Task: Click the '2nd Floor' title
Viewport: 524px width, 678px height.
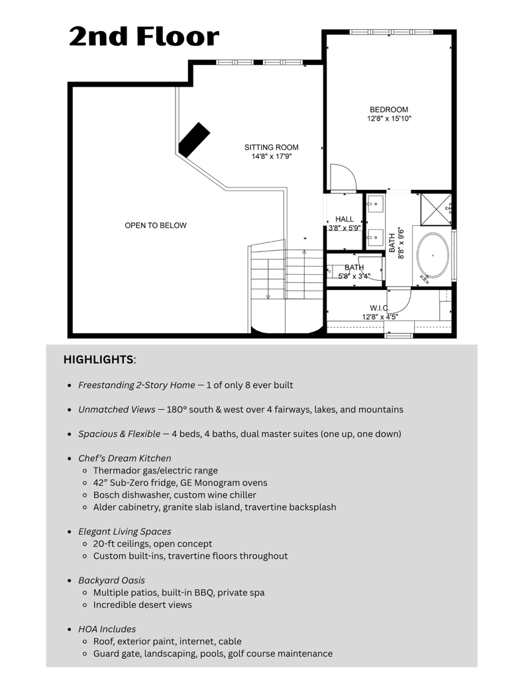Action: [144, 37]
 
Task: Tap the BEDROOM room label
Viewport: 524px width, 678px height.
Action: [389, 110]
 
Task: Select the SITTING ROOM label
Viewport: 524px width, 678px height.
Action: [271, 148]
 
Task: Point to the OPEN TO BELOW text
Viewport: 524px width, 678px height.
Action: [156, 226]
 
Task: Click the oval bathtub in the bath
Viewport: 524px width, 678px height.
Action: [432, 255]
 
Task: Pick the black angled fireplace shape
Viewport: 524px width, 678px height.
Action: [193, 140]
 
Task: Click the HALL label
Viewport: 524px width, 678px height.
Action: [344, 219]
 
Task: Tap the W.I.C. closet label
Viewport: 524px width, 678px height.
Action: [380, 308]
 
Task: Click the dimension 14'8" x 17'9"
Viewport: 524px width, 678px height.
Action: [271, 157]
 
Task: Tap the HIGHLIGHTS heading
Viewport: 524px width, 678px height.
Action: [99, 360]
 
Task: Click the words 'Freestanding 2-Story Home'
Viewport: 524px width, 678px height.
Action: [136, 385]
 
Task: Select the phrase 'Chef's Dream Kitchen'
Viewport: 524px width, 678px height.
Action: [125, 458]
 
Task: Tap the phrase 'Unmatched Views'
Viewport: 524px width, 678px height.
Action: [113, 409]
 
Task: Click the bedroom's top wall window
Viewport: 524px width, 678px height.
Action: [391, 32]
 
